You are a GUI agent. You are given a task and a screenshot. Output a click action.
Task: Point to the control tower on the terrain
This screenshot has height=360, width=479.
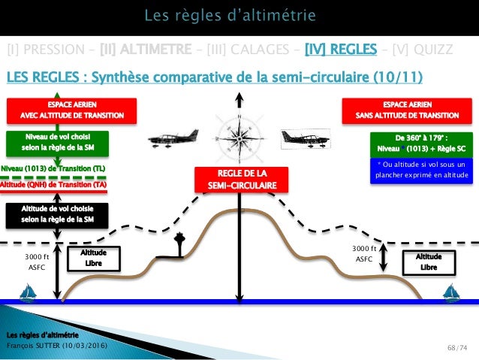pyautogui.click(x=177, y=247)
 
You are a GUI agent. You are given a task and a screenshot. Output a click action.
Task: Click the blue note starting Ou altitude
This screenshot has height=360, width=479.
pyautogui.click(x=420, y=171)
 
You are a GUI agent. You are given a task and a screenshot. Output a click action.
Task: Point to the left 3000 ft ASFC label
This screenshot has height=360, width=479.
pyautogui.click(x=37, y=260)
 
